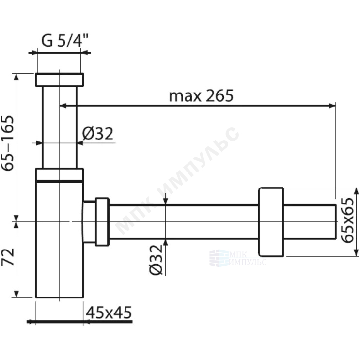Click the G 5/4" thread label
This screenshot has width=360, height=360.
(x=65, y=40)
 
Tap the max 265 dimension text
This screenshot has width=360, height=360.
(x=201, y=95)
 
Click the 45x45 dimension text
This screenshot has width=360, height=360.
(x=109, y=313)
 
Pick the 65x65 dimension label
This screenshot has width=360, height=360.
(x=347, y=220)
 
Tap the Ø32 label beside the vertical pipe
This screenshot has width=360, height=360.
(x=98, y=134)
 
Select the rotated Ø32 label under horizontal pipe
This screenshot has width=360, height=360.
(x=156, y=260)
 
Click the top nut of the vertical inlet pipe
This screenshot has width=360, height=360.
(x=60, y=79)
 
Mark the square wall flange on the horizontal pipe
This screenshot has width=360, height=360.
(x=271, y=222)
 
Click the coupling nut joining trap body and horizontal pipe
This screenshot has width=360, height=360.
(x=102, y=222)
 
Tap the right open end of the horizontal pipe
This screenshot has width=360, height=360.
(x=335, y=222)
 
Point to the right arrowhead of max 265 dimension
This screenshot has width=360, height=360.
(x=332, y=106)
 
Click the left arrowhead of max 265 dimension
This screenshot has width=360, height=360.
(x=63, y=106)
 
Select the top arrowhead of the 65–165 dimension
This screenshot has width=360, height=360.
(x=16, y=77)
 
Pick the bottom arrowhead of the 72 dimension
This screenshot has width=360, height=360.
(x=16, y=294)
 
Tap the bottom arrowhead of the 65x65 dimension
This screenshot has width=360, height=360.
(x=356, y=253)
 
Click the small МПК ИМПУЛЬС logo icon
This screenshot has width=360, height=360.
(x=219, y=258)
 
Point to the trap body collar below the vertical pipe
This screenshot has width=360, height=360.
(x=60, y=175)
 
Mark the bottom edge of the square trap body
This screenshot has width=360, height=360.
(x=60, y=297)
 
